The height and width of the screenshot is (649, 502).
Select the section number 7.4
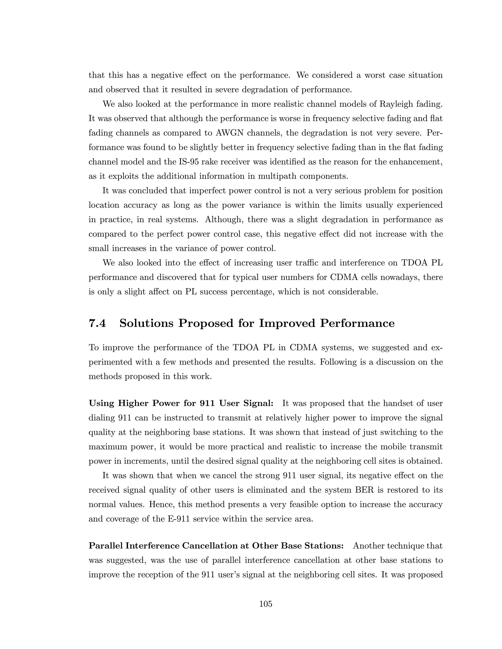click(x=98, y=323)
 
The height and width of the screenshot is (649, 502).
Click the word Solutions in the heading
click(x=146, y=323)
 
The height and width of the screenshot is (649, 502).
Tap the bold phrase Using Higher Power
click(x=140, y=404)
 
